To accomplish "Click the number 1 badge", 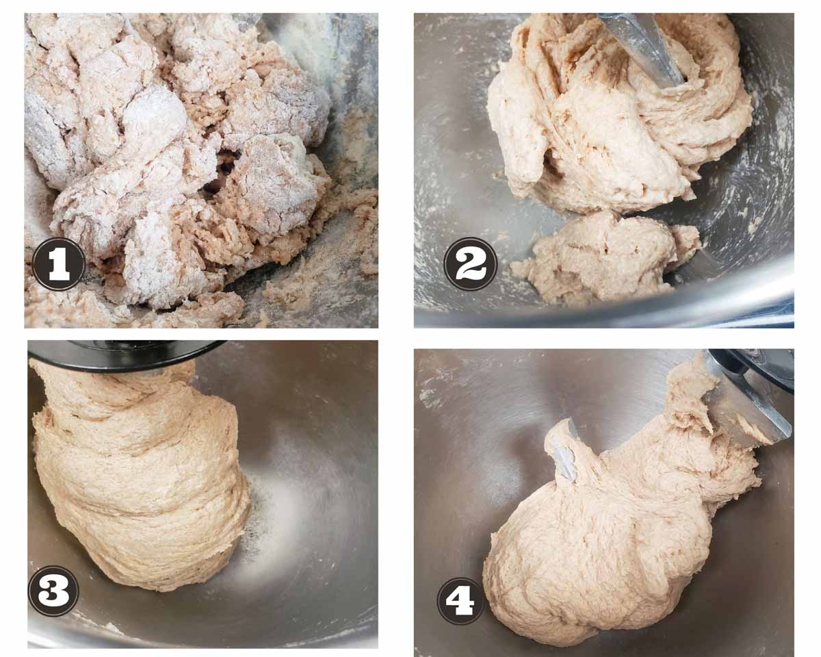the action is pyautogui.click(x=58, y=263).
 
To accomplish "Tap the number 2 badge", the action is pyautogui.click(x=471, y=263).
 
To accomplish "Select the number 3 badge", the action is pyautogui.click(x=53, y=591).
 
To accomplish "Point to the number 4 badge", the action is pyautogui.click(x=460, y=600).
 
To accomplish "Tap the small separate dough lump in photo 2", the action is pyautogui.click(x=607, y=256).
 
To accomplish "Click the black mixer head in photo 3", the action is pyautogui.click(x=126, y=355).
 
